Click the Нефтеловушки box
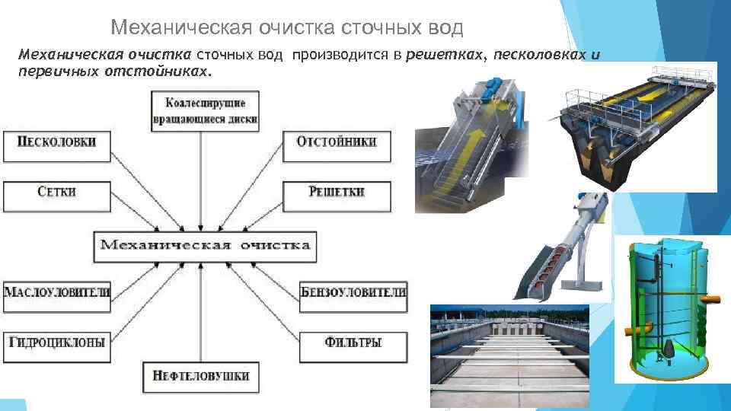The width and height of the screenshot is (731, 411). point(201,376)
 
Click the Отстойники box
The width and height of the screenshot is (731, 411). point(335,145)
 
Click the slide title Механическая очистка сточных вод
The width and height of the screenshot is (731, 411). point(286,28)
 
